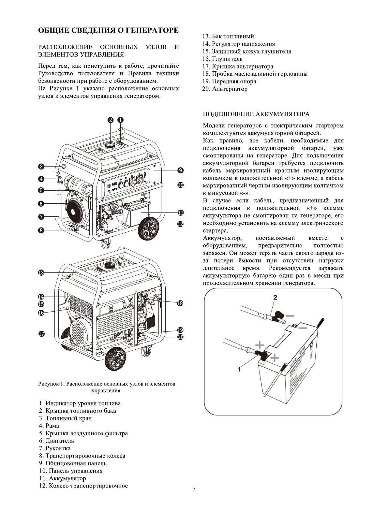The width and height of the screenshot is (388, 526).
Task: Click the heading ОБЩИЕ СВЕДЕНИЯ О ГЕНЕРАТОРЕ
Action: click(x=108, y=30)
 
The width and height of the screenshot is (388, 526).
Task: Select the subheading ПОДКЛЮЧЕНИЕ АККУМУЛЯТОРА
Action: click(x=256, y=114)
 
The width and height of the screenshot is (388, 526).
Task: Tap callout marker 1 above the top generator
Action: click(x=120, y=120)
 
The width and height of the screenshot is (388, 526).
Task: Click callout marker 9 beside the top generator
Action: click(x=180, y=170)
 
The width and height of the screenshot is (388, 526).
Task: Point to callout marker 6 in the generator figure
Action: click(x=41, y=204)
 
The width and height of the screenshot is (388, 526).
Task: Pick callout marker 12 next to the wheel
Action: click(x=180, y=224)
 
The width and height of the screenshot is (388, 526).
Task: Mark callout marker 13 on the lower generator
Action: click(x=41, y=272)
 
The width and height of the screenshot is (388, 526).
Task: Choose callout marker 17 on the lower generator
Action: click(x=41, y=334)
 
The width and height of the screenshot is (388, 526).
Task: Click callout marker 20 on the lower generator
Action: click(x=180, y=337)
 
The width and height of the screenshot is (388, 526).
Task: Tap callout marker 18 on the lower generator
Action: click(x=180, y=303)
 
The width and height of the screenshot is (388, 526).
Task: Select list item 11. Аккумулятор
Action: click(x=62, y=478)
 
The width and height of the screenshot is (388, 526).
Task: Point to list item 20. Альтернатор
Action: click(x=225, y=89)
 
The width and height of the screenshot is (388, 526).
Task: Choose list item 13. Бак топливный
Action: click(x=228, y=36)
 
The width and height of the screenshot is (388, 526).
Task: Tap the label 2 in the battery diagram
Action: click(x=275, y=297)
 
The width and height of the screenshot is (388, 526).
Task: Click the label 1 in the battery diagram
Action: click(x=239, y=369)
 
